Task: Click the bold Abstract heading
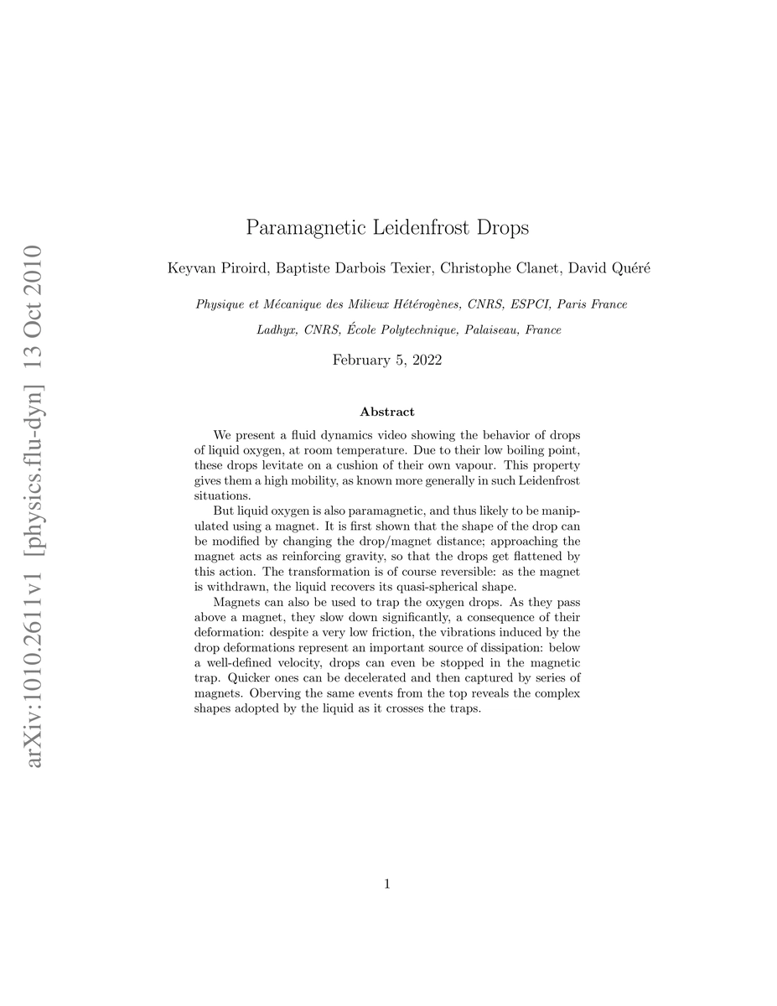[x=387, y=412]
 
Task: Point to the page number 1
[x=387, y=883]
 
